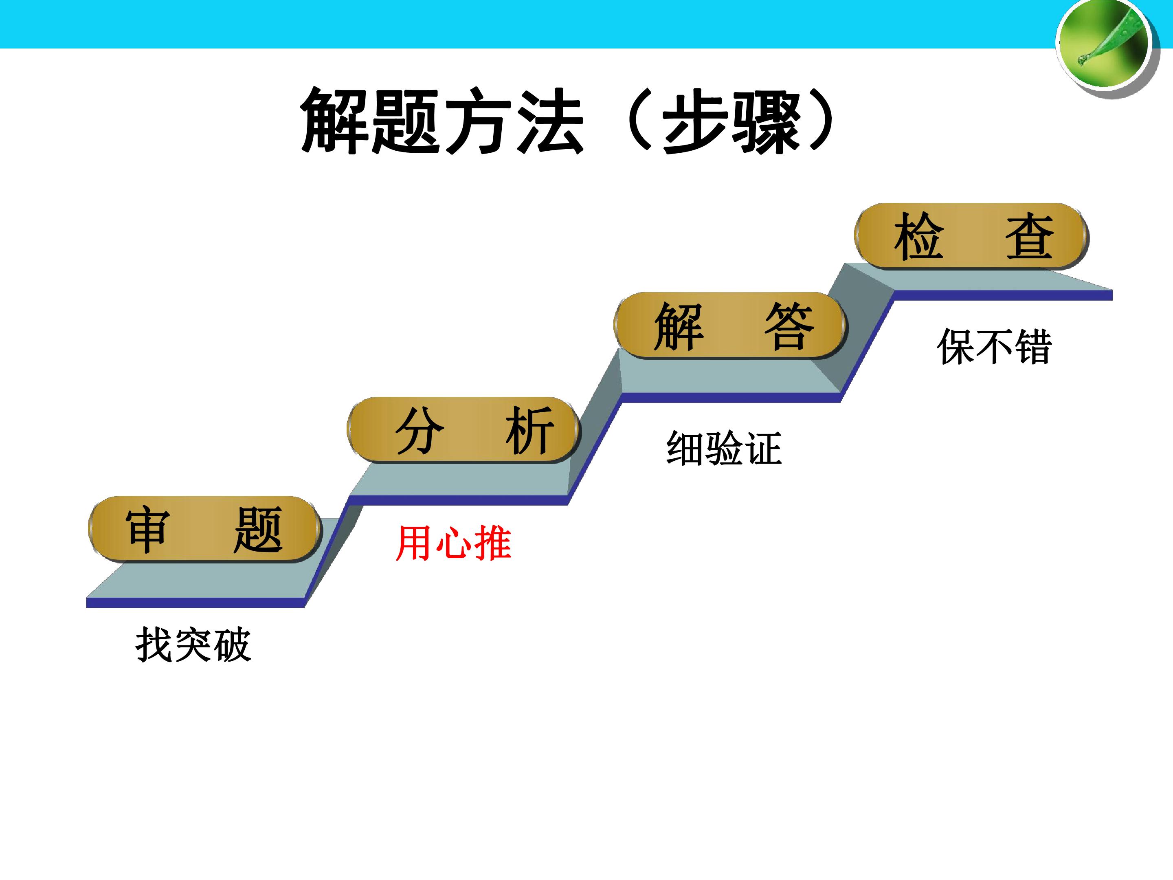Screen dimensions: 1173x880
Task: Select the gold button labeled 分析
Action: tap(463, 430)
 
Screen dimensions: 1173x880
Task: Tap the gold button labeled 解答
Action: tap(730, 325)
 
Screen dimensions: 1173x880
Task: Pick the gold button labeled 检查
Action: tap(971, 236)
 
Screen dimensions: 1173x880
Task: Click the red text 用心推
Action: tap(453, 543)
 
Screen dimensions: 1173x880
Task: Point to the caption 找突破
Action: tap(193, 645)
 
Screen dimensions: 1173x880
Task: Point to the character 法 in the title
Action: tap(550, 121)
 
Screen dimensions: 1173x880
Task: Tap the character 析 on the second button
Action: tap(530, 430)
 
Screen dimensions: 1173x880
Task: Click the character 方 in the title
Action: tap(478, 121)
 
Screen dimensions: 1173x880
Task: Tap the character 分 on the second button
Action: tap(420, 430)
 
